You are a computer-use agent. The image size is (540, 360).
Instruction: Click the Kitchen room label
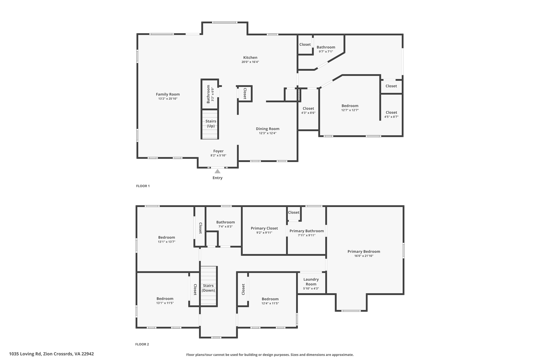pyautogui.click(x=250, y=57)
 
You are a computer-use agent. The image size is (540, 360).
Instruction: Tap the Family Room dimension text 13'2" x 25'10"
pyautogui.click(x=168, y=99)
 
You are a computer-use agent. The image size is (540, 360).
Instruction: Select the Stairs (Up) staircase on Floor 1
pyautogui.click(x=210, y=124)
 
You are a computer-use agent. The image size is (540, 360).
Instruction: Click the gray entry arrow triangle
pyautogui.click(x=218, y=171)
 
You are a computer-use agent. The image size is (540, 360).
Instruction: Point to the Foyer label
pyautogui.click(x=218, y=151)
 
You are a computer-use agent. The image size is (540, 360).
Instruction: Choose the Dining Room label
pyautogui.click(x=267, y=129)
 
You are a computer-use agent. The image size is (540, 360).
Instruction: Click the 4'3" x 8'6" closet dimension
pyautogui.click(x=308, y=113)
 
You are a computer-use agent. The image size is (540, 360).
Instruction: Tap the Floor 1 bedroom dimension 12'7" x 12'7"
pyautogui.click(x=350, y=110)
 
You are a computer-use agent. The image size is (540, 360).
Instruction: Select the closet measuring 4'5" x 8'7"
pyautogui.click(x=391, y=114)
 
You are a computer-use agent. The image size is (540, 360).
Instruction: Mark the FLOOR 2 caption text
pyautogui.click(x=142, y=344)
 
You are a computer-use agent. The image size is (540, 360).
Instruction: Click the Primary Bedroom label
pyautogui.click(x=364, y=251)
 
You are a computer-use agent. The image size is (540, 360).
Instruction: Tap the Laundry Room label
pyautogui.click(x=311, y=282)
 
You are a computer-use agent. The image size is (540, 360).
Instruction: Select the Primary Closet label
pyautogui.click(x=264, y=228)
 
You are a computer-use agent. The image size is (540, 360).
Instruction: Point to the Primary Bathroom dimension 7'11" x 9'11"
pyautogui.click(x=306, y=235)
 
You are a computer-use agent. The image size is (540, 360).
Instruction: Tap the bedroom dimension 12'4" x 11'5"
pyautogui.click(x=270, y=303)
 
